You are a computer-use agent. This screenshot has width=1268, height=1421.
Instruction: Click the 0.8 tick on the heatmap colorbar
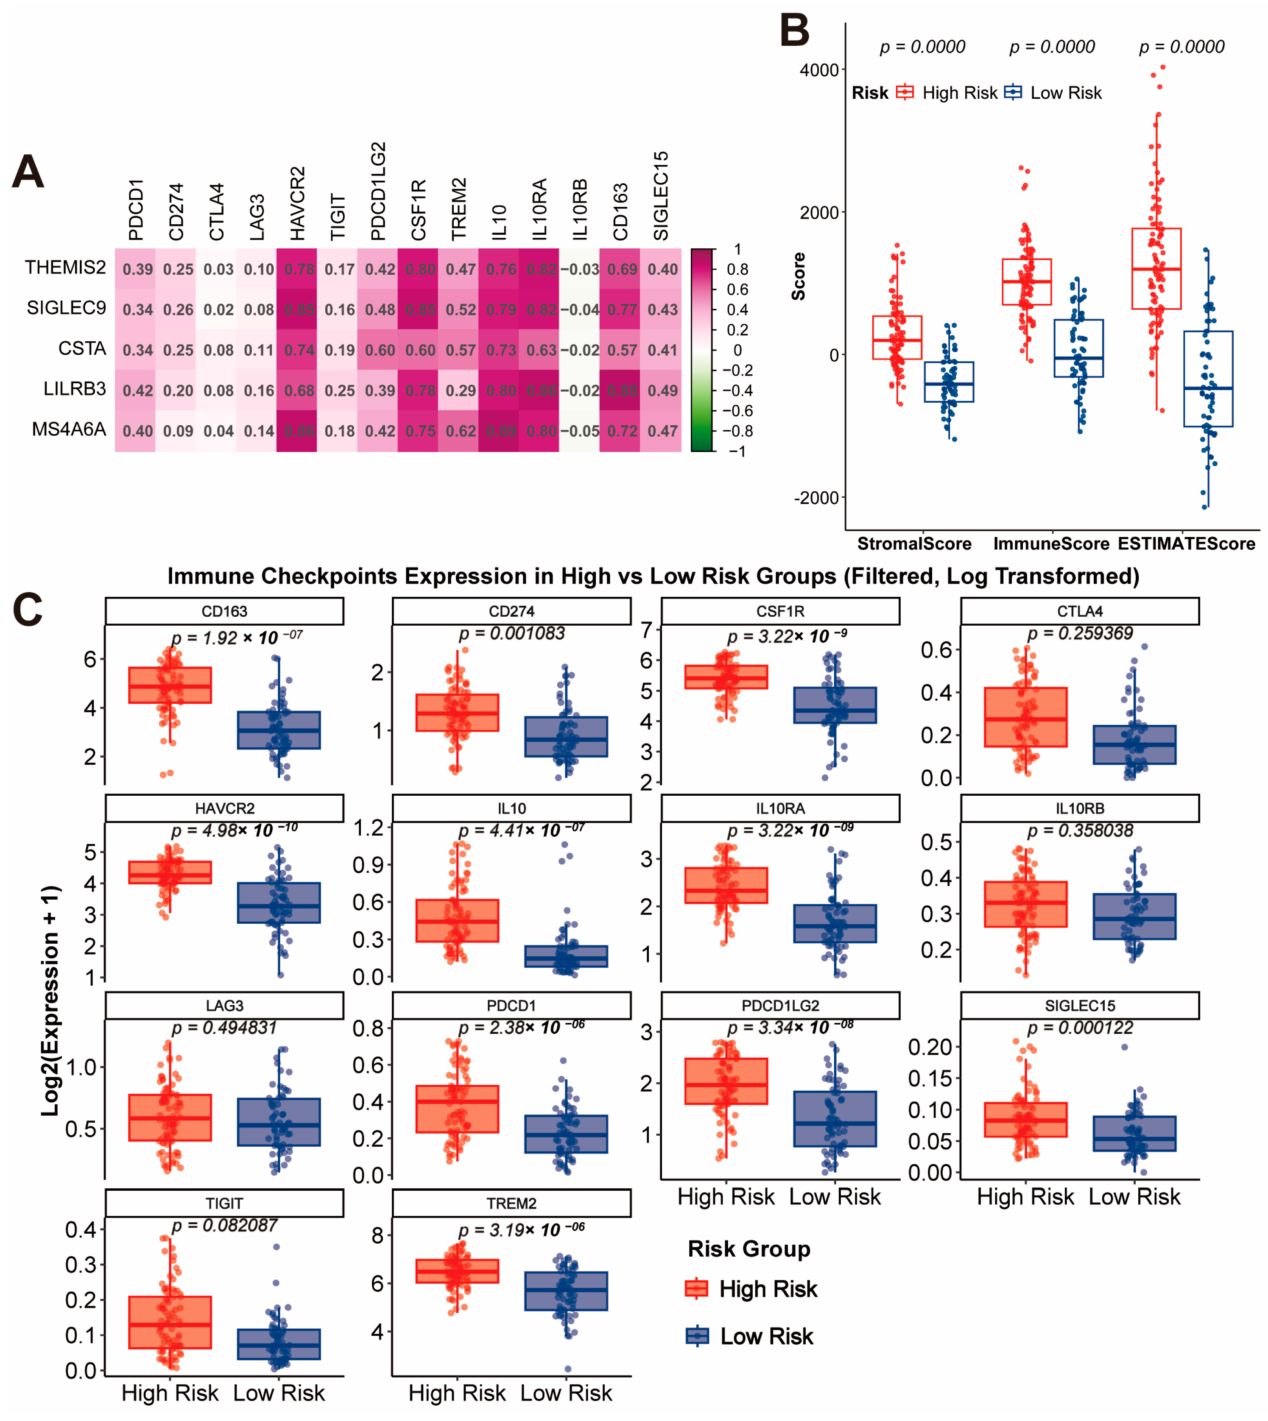coord(737,270)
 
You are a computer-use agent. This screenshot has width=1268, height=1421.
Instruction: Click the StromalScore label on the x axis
coord(914,544)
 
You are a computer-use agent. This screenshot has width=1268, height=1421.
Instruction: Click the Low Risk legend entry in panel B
coord(1065,93)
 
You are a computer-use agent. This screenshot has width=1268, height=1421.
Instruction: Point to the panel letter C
coord(28,610)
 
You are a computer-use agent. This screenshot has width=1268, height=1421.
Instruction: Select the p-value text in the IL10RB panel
coord(1079,831)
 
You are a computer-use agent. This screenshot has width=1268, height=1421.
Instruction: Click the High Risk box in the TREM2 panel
coord(457,1271)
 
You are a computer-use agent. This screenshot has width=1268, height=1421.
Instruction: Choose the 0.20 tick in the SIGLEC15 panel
coord(930,1047)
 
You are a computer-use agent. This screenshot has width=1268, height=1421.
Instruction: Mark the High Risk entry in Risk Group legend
coord(768,1289)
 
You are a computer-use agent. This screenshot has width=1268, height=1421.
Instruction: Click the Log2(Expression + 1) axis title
coord(50,1001)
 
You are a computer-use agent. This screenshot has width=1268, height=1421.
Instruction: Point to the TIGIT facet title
coord(224,1204)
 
